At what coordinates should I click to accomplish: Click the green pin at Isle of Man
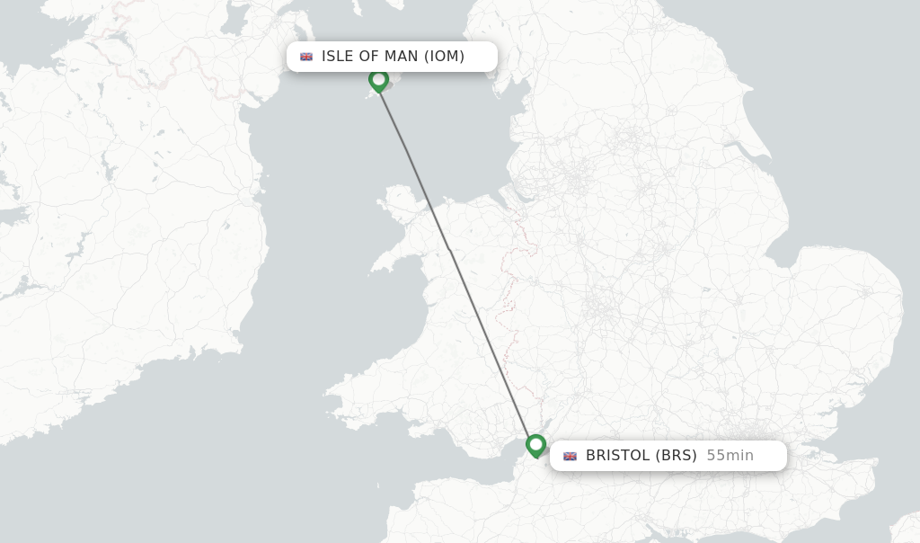pos(379,80)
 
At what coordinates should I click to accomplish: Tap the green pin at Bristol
pos(536,445)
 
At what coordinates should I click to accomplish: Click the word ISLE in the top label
pos(338,57)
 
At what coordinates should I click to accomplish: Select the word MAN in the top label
pos(401,57)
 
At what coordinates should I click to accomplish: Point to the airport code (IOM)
pos(445,57)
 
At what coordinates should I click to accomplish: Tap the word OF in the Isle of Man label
pos(369,57)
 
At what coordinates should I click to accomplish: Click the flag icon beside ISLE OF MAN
pos(306,57)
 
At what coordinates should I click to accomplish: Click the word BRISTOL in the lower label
pos(617,456)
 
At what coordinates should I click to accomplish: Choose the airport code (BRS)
pos(676,456)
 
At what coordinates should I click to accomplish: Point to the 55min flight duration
pos(730,456)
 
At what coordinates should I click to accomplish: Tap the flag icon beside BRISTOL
pos(570,456)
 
